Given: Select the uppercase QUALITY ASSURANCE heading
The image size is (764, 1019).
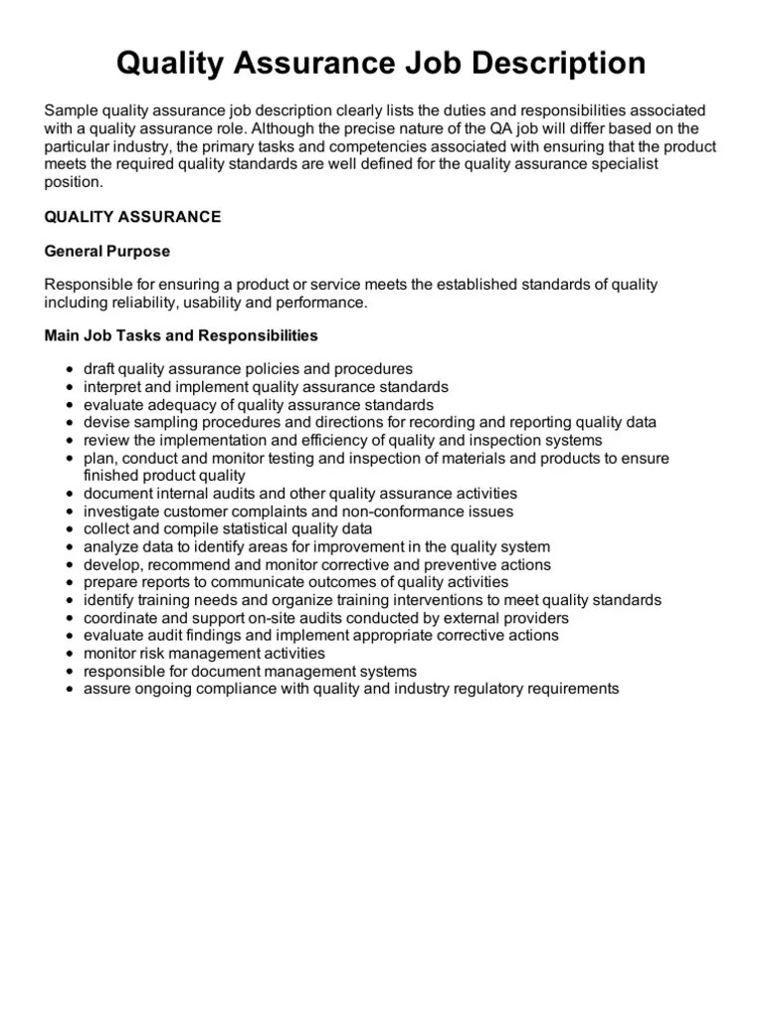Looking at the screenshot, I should tap(133, 217).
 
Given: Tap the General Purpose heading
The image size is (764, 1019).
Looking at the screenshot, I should tap(107, 251).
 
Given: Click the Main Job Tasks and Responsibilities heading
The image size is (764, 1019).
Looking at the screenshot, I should tap(181, 335).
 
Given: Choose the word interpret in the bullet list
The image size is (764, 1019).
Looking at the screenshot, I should tap(116, 387).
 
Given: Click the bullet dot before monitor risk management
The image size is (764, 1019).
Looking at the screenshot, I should tap(69, 654).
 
